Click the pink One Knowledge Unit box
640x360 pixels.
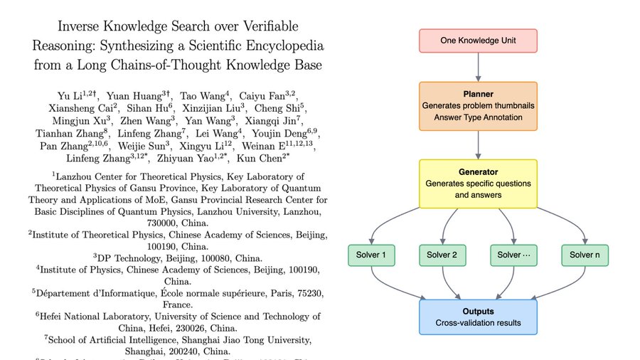477,41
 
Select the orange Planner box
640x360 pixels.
477,106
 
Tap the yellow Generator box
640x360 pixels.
477,184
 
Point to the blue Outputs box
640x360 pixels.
477,317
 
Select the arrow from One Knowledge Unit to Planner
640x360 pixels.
477,68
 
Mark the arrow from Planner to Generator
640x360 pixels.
477,145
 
